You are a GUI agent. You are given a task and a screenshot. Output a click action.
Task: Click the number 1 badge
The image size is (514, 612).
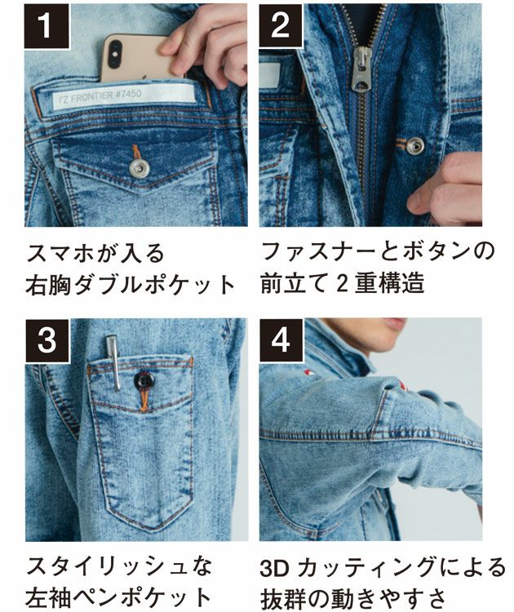(47, 25)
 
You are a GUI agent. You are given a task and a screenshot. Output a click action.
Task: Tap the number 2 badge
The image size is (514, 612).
(281, 25)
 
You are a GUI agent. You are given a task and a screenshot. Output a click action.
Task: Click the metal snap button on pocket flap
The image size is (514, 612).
(140, 168)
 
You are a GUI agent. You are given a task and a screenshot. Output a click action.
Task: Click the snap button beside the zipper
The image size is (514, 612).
(415, 146)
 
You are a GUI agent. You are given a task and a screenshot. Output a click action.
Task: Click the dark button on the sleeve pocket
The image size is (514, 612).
(144, 381)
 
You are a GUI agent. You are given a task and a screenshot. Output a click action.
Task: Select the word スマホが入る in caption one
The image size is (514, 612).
(88, 251)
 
